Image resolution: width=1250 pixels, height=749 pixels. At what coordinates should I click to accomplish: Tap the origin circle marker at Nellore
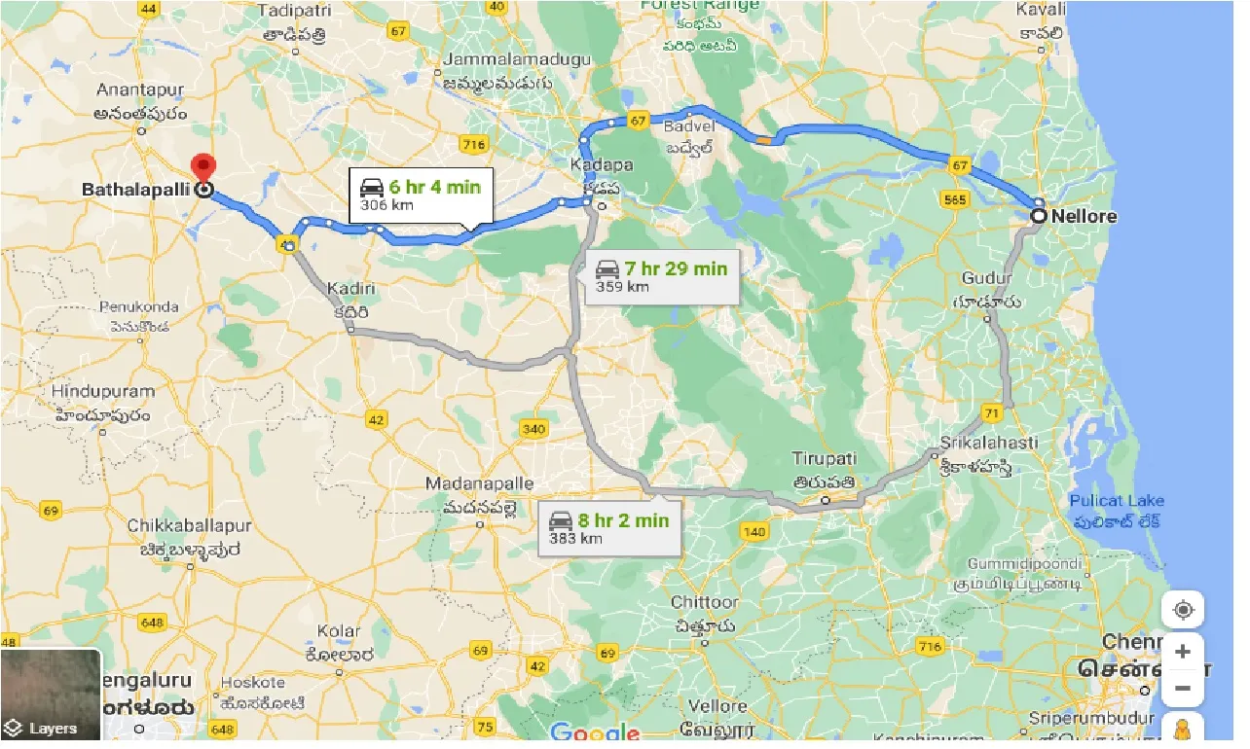[1039, 216]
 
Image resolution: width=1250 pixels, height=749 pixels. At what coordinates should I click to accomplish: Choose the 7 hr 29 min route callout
[661, 276]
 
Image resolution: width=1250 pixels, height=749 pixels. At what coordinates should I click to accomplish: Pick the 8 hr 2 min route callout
[609, 528]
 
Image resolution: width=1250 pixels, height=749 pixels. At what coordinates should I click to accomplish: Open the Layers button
[51, 695]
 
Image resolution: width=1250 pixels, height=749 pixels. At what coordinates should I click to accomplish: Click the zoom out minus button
[1183, 689]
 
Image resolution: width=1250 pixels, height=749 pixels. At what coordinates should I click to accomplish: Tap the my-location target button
[1183, 610]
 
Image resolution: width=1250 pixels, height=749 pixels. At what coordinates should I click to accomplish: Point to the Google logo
[594, 732]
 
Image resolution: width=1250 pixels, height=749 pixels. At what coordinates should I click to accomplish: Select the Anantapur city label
[140, 89]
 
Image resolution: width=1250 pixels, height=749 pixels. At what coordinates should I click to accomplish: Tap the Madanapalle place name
[479, 483]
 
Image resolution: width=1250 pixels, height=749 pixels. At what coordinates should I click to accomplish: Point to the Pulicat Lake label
[1116, 501]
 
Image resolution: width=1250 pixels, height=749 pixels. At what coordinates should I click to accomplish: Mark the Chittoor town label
[705, 602]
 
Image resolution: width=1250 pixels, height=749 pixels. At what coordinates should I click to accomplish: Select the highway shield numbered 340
[533, 428]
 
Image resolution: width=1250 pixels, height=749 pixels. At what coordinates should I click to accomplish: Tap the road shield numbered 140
[754, 531]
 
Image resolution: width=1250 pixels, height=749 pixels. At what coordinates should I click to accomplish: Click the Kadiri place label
[351, 289]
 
